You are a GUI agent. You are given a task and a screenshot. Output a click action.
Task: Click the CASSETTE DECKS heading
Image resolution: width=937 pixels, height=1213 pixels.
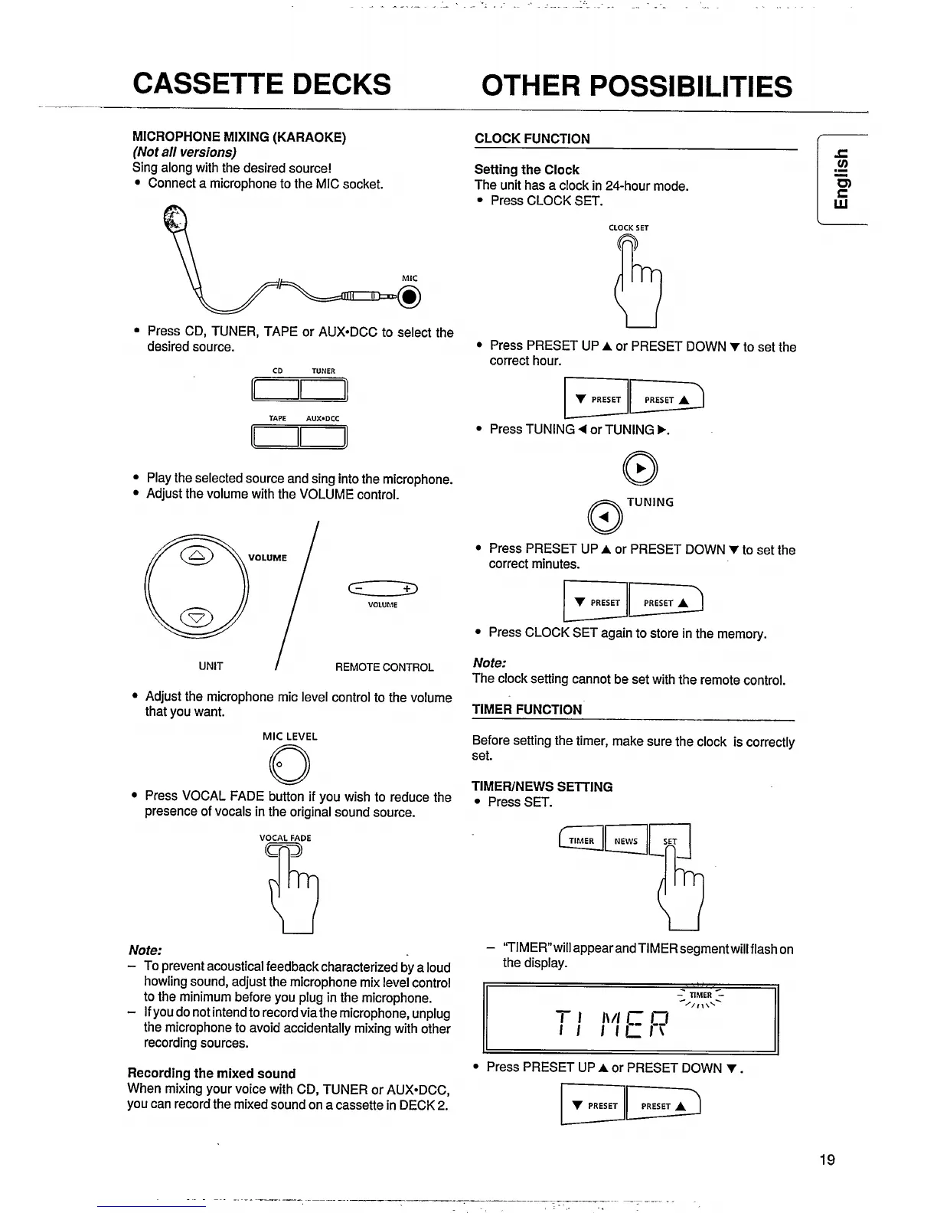[261, 83]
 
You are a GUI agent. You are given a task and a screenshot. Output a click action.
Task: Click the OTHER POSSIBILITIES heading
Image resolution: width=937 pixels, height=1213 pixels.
[636, 86]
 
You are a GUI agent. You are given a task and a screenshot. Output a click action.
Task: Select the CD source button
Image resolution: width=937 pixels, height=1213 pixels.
[275, 391]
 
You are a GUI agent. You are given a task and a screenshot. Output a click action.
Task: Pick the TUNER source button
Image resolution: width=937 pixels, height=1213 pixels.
[323, 391]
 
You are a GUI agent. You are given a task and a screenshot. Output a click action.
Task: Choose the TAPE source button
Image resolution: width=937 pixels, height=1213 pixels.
[275, 437]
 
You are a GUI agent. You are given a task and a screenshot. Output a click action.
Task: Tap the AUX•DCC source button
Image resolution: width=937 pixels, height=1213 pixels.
[323, 437]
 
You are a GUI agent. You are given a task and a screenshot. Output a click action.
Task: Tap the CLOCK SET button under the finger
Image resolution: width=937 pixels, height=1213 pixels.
[628, 246]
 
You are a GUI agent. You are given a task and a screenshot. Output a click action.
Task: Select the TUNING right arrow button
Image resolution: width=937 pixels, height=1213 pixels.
[642, 469]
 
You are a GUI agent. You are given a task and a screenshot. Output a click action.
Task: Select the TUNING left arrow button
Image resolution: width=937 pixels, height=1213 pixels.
[605, 518]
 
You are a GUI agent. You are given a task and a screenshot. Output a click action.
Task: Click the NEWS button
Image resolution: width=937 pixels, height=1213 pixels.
[625, 841]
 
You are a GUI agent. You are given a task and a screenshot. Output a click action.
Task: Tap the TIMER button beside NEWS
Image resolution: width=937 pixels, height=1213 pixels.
[581, 841]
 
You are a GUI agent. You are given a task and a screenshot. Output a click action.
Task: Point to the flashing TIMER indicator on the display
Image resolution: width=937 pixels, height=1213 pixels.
[700, 996]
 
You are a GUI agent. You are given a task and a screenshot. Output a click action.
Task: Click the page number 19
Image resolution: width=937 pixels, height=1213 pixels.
[827, 1159]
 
